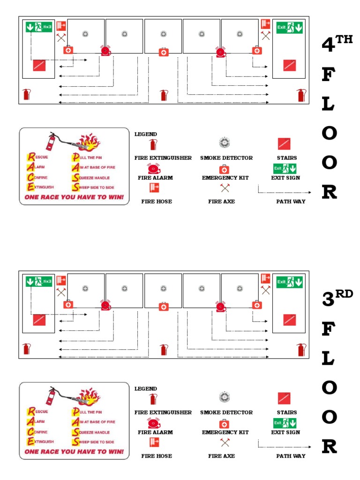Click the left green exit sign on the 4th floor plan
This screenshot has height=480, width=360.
pos(39,28)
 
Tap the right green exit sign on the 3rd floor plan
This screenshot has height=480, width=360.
pos(289,282)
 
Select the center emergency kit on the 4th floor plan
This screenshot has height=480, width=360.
pos(163,52)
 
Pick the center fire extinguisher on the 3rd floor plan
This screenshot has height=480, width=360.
pos(163,350)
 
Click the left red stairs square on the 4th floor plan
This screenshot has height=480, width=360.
pos(39,66)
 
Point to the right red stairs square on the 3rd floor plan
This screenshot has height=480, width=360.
pos(289,320)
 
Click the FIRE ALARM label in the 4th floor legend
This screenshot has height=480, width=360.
pos(155,178)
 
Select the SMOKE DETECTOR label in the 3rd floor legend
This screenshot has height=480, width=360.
pos(226,412)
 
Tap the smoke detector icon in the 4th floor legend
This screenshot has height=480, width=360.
pos(225,143)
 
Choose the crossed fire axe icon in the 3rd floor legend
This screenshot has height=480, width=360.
pos(225,442)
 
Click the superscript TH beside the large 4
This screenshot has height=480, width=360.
pos(344,39)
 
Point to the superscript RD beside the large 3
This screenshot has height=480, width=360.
pos(344,294)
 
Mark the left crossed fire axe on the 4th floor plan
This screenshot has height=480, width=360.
pos(61,37)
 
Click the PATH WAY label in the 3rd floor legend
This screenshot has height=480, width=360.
pos(291,456)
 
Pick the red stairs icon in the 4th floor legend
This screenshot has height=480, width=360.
pos(284,144)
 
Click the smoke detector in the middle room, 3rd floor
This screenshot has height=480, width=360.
pos(163,288)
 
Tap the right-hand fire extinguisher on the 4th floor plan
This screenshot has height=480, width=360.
pos(300,95)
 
